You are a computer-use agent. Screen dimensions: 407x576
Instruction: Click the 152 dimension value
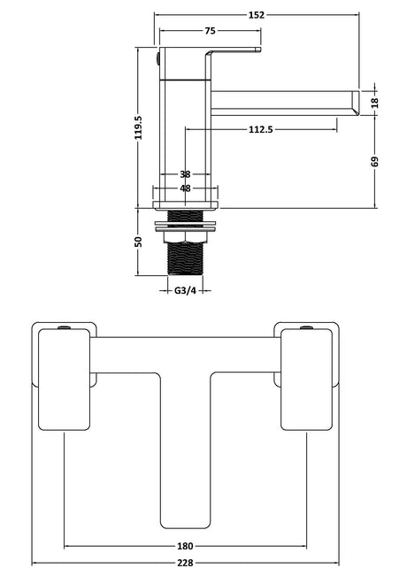point(257,15)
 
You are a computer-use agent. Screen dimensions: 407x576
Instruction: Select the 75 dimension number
point(210,31)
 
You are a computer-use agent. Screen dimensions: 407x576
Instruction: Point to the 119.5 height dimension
point(139,127)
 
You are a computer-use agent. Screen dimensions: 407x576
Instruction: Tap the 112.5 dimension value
point(261,129)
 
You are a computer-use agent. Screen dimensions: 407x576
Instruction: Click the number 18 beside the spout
point(374,103)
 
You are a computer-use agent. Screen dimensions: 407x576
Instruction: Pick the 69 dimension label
point(374,162)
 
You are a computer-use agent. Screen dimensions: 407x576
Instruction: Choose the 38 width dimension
point(185,174)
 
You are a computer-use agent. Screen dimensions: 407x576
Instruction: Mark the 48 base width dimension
point(185,188)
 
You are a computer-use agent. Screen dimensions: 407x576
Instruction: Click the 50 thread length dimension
point(139,242)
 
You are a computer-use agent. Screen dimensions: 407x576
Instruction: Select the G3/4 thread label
point(185,290)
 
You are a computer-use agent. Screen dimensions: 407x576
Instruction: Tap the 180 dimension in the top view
point(185,546)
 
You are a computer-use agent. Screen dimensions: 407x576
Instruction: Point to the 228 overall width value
point(185,563)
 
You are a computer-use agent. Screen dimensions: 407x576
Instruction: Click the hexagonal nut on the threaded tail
point(185,237)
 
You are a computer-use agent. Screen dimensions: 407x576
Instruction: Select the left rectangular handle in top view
point(65,379)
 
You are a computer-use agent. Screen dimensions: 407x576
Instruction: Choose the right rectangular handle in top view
point(307,379)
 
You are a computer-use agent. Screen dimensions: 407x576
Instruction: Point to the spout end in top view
point(185,524)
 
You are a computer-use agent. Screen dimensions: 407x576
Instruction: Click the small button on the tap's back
point(158,58)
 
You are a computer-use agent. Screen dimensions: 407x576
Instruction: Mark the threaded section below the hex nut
point(185,258)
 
